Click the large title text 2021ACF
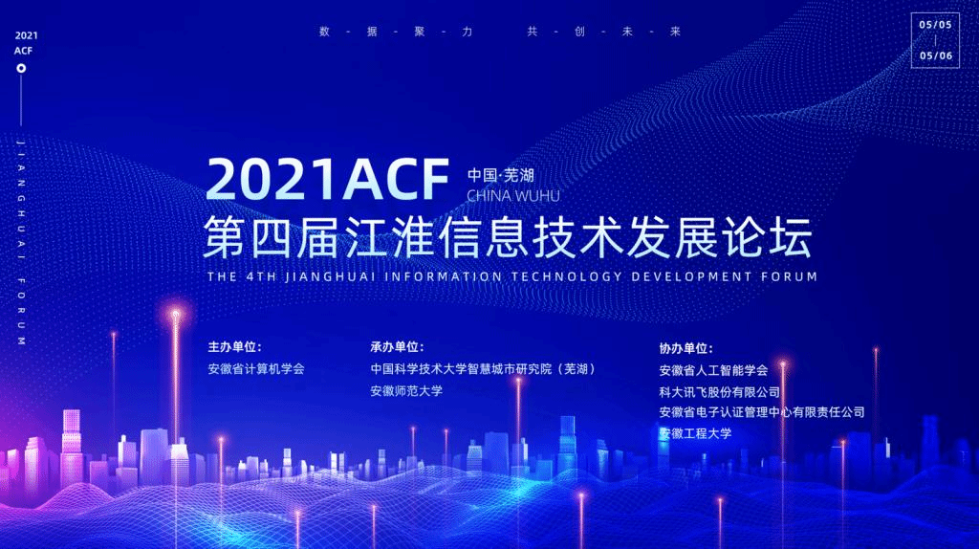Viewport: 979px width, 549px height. click(x=327, y=179)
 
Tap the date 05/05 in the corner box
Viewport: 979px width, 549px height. click(x=935, y=25)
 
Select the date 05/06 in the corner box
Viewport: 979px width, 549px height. click(x=935, y=55)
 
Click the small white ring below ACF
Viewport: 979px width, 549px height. click(x=21, y=68)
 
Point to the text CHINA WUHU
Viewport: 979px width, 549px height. click(x=513, y=196)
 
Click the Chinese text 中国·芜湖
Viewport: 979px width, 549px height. click(x=501, y=175)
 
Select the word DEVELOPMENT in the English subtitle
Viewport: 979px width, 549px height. click(x=692, y=276)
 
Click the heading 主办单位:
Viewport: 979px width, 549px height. click(x=235, y=346)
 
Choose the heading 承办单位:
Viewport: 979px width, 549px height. click(x=397, y=346)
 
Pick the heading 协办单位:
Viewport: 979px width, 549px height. click(x=685, y=348)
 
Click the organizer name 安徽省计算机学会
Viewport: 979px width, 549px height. click(x=256, y=368)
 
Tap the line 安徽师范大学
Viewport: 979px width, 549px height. click(x=406, y=391)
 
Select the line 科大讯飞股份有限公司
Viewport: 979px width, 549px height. click(x=719, y=392)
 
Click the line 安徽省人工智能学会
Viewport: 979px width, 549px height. click(x=713, y=370)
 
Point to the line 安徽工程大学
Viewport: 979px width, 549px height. click(x=695, y=433)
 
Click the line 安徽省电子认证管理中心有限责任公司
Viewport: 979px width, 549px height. click(x=762, y=412)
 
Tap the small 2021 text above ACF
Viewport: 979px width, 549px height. click(x=26, y=35)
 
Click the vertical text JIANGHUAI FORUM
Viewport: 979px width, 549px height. click(x=21, y=242)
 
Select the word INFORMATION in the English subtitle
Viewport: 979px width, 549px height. click(x=444, y=276)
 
